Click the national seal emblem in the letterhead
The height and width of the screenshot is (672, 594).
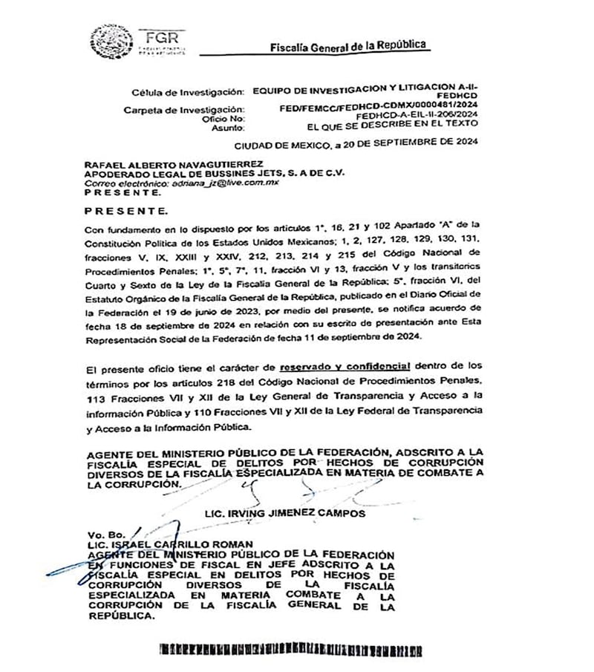112,42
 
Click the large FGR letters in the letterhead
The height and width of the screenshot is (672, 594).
161,37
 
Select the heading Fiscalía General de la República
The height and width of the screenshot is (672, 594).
349,46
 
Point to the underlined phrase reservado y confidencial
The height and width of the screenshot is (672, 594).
345,367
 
